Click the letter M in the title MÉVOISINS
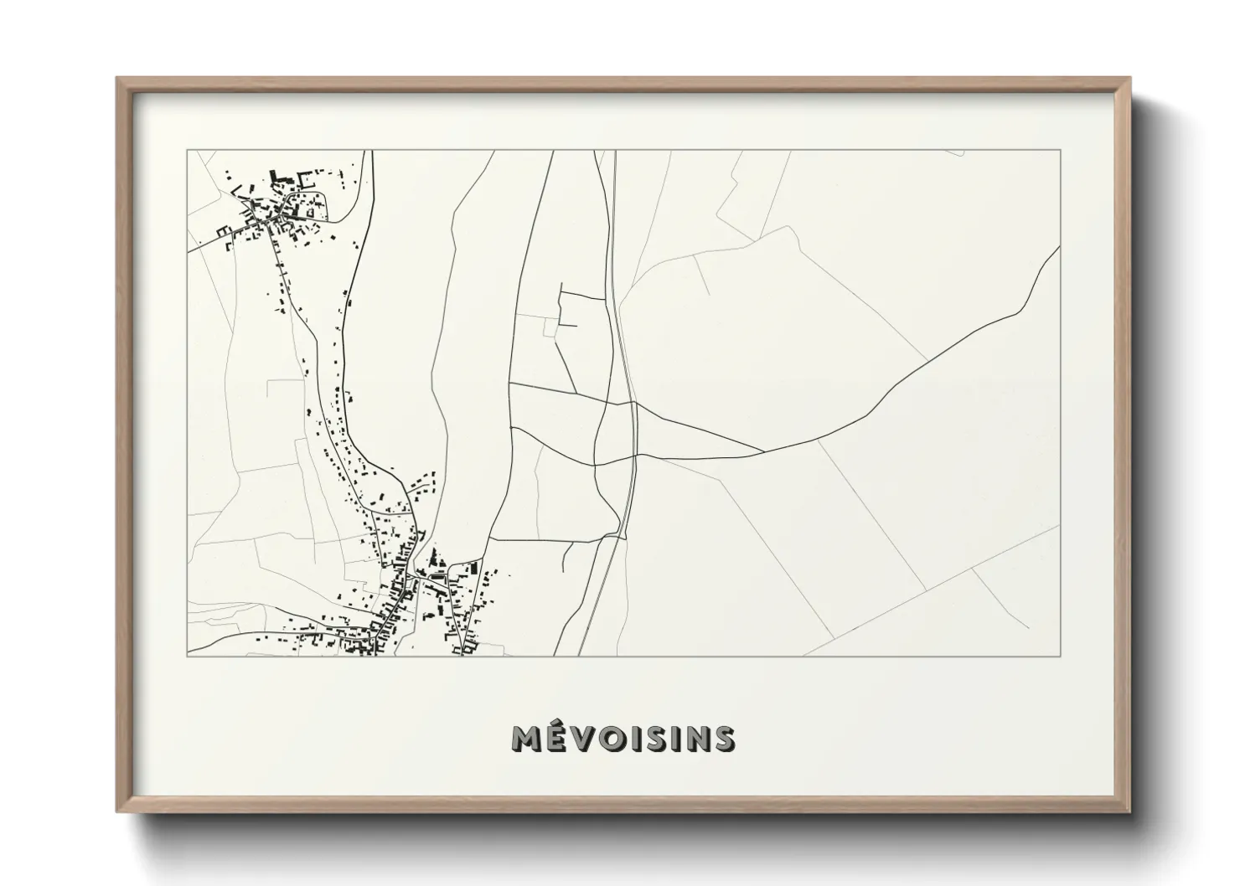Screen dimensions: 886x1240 pos(526,739)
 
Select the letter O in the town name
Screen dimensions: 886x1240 pos(614,739)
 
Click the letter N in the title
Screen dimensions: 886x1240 pos(691,739)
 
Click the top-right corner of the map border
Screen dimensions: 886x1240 pos(1061,150)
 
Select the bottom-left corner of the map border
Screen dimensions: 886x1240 pos(187,657)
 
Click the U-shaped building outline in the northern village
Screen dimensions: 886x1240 pos(305,181)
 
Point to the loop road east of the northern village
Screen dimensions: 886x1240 pos(328,209)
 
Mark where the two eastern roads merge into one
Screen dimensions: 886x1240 pos(762,452)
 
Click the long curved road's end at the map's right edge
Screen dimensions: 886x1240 pos(1060,247)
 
